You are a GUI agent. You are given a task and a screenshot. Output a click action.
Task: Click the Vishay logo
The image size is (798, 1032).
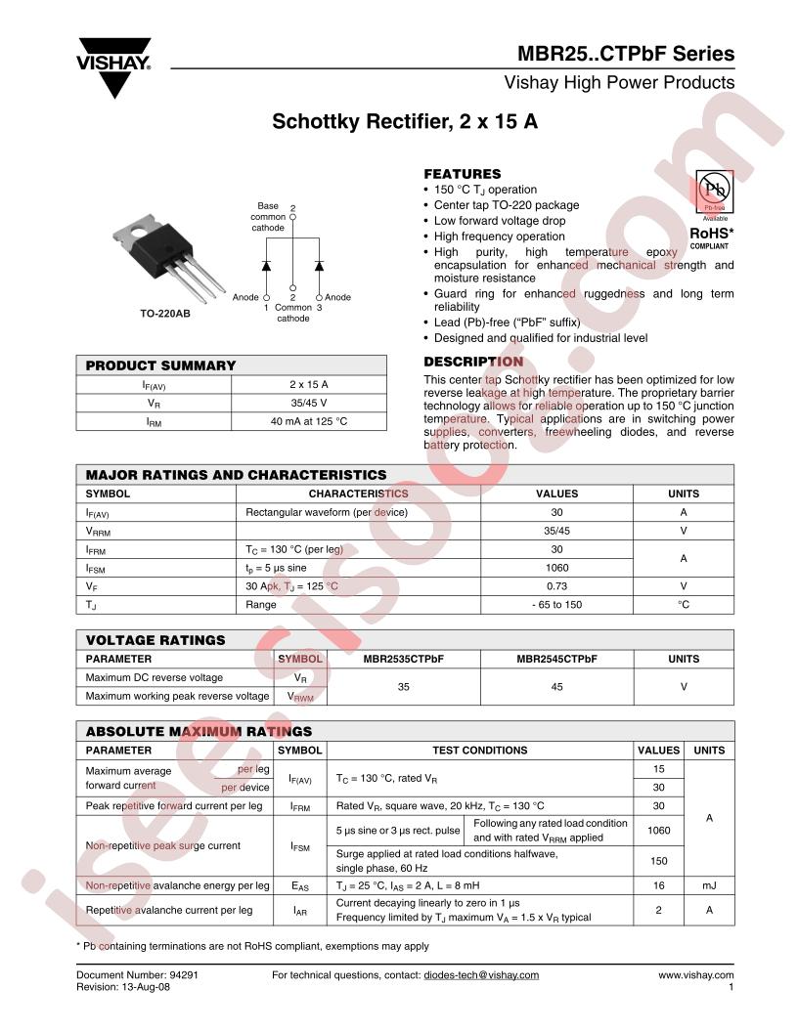click(x=114, y=64)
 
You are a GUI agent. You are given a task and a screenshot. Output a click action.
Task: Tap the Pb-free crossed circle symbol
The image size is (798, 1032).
click(x=714, y=188)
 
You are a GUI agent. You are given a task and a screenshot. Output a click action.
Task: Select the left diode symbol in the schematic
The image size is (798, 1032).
click(x=266, y=266)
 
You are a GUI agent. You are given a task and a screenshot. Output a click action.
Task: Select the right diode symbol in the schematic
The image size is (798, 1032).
click(x=319, y=266)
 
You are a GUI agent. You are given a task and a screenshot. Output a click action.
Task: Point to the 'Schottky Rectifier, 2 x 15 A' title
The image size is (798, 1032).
click(x=405, y=124)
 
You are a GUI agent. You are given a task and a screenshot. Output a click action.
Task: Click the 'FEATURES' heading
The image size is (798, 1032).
click(x=462, y=174)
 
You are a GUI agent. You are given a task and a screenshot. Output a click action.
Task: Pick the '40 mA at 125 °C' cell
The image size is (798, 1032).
click(x=309, y=421)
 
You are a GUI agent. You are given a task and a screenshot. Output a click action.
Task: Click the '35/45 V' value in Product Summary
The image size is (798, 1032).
click(x=309, y=403)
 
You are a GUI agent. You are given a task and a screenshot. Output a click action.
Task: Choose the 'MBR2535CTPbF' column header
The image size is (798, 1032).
click(x=404, y=659)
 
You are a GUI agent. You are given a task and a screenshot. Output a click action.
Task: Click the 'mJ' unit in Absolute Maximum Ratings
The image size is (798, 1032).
click(x=709, y=885)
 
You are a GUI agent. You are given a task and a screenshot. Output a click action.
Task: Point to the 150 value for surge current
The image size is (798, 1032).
click(x=658, y=861)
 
